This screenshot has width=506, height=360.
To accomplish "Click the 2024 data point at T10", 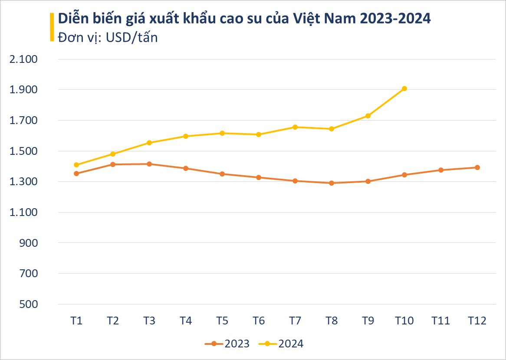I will (x=404, y=88).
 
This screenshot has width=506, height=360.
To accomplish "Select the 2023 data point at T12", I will (x=477, y=167).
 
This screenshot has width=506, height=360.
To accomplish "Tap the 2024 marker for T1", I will (x=76, y=165).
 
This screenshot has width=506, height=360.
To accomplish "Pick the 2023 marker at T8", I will (x=332, y=183).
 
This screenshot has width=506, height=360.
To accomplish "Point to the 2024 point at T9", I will (x=368, y=116).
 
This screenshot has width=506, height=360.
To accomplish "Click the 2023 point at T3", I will (x=149, y=164).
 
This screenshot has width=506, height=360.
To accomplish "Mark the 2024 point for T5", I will (x=222, y=133).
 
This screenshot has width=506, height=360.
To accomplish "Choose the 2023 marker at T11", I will (x=441, y=170).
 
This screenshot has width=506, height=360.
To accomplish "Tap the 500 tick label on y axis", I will (x=30, y=304).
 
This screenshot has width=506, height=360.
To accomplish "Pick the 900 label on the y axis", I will (x=30, y=243).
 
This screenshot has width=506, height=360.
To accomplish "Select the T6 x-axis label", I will (x=259, y=321).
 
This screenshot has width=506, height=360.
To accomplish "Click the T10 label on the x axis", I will (x=404, y=321).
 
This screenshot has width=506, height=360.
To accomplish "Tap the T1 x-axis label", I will (x=76, y=321).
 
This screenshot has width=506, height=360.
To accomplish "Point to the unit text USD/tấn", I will (x=131, y=38).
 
